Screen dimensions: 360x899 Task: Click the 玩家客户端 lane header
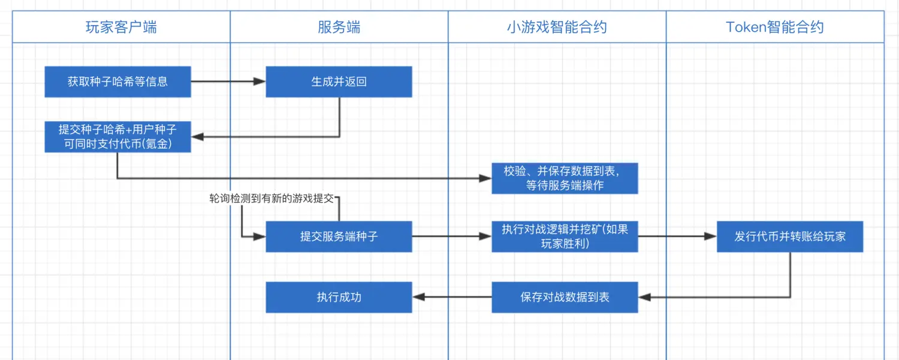[121, 27]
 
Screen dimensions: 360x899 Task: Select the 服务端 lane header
[339, 27]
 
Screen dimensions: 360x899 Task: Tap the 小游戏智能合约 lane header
[557, 27]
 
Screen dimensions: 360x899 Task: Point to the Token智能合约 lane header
[774, 27]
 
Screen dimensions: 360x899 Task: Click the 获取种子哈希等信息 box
[117, 81]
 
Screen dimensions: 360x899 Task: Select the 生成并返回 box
[339, 81]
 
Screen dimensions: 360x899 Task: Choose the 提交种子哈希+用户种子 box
[117, 137]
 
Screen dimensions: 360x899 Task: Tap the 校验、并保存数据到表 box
[565, 178]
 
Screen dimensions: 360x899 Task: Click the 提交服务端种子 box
[339, 236]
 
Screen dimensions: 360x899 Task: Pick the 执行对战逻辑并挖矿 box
[565, 236]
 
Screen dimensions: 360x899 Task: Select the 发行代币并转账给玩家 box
[790, 236]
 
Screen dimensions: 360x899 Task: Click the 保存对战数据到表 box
[565, 297]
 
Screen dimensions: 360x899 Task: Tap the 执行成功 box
[339, 297]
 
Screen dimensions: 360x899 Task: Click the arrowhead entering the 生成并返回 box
[260, 81]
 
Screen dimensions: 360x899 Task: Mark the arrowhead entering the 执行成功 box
[418, 297]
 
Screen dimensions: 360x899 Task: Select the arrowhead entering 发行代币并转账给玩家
[711, 236]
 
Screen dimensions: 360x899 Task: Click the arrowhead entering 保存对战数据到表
[644, 297]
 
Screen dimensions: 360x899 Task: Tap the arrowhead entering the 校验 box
[486, 178]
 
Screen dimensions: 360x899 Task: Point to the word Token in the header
[745, 27]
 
